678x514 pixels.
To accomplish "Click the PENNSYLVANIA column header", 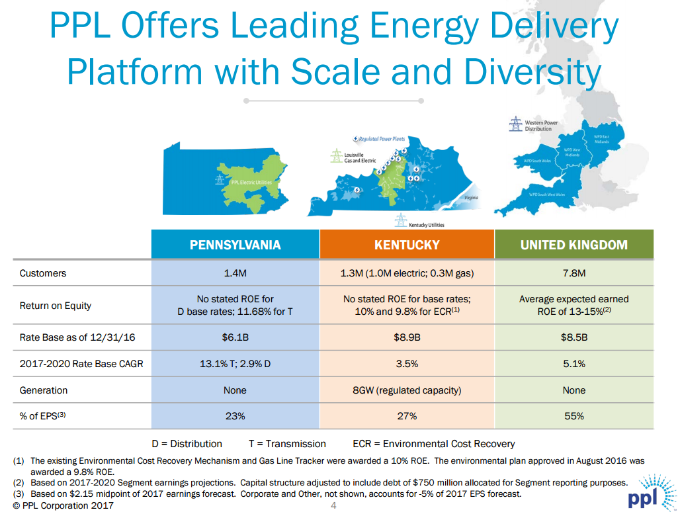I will [x=235, y=245].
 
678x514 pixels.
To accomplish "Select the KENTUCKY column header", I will [x=407, y=245].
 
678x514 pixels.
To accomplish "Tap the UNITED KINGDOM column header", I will [x=573, y=245].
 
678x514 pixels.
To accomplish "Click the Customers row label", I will [x=43, y=273].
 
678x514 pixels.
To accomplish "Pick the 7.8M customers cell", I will [x=573, y=273].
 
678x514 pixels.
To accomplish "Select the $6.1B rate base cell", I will [x=235, y=338].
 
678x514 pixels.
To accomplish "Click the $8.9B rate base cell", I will [x=407, y=338].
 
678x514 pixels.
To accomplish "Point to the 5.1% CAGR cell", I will [x=573, y=364].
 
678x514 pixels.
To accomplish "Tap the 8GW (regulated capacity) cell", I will [x=407, y=390].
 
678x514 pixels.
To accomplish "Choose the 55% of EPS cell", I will [x=573, y=416].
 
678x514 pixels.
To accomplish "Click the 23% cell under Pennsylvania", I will [x=235, y=416].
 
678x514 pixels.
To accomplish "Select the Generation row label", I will [x=44, y=390].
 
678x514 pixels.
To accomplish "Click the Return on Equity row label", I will [x=56, y=306].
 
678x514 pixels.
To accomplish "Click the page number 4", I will [x=333, y=507].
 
